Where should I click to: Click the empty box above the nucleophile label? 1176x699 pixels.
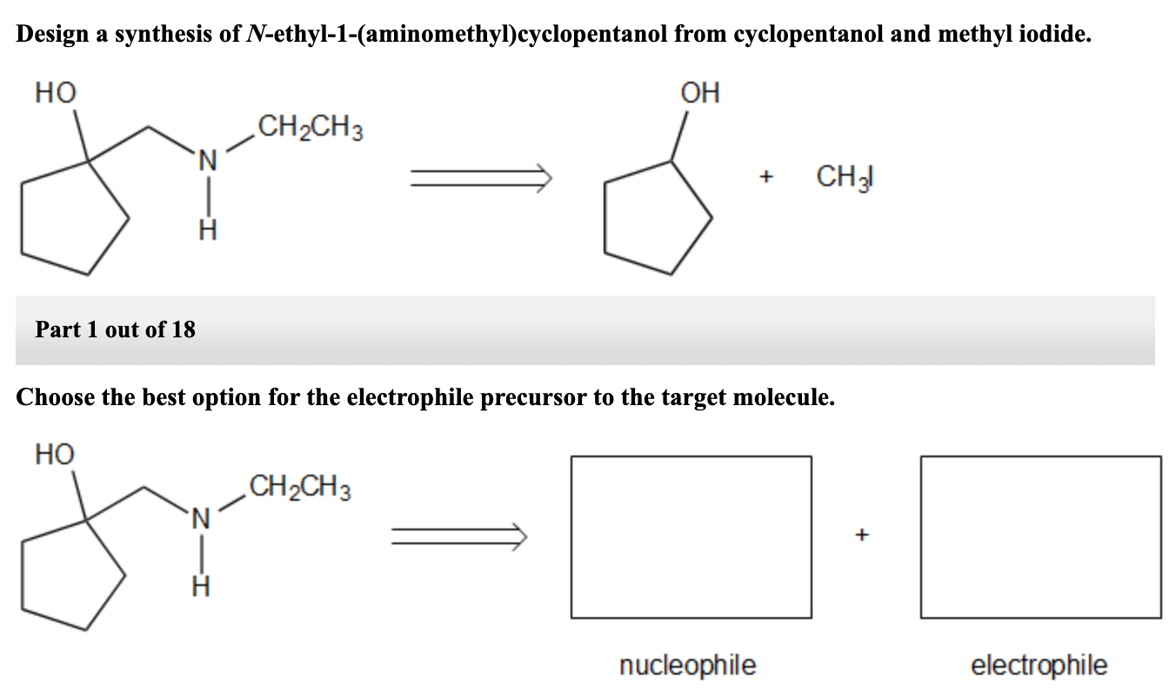pos(691,536)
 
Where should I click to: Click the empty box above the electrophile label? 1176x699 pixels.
pos(1040,536)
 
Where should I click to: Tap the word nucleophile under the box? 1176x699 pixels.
pos(687,666)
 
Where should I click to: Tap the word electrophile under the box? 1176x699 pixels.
pos(1039,666)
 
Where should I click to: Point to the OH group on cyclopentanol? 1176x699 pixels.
pos(701,93)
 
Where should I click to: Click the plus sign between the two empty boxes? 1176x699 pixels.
pos(863,536)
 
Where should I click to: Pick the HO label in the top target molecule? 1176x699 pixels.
pos(55,93)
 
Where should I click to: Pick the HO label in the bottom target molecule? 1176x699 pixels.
pos(55,454)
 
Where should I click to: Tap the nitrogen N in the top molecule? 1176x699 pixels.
pos(205,159)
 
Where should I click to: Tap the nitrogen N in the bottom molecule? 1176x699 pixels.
pos(200,519)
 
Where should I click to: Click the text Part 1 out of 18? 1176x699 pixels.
pos(116,330)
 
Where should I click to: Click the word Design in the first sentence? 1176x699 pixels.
pos(54,35)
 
